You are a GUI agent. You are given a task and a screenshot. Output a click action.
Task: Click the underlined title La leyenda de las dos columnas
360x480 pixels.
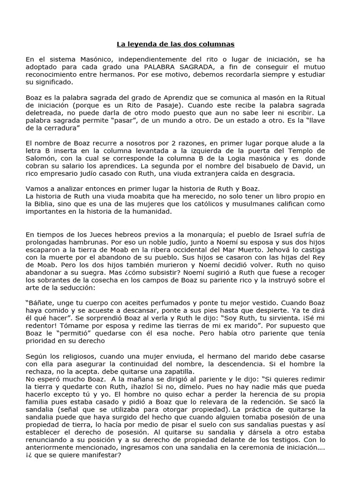[x=175, y=45]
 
